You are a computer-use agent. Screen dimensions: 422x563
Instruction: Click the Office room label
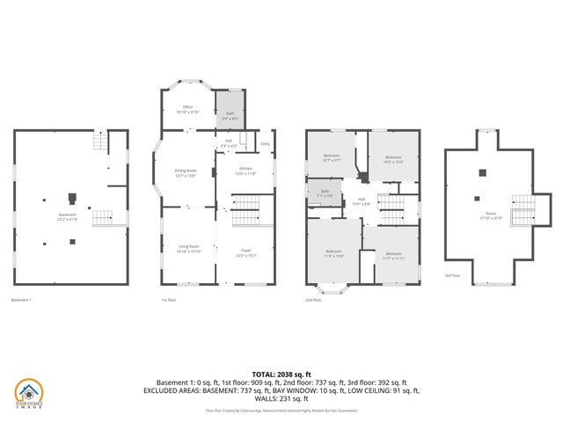pos(187,109)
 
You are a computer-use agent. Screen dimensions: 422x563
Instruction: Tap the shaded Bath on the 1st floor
pos(230,114)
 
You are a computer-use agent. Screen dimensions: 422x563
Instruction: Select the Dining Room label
pos(185,172)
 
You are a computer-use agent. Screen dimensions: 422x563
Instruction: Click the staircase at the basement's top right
pos(105,140)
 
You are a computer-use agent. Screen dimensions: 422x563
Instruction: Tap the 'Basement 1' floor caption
pos(21,300)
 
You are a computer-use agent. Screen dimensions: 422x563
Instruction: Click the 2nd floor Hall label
pos(361,201)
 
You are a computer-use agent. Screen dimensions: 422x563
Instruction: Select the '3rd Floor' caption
pos(453,300)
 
